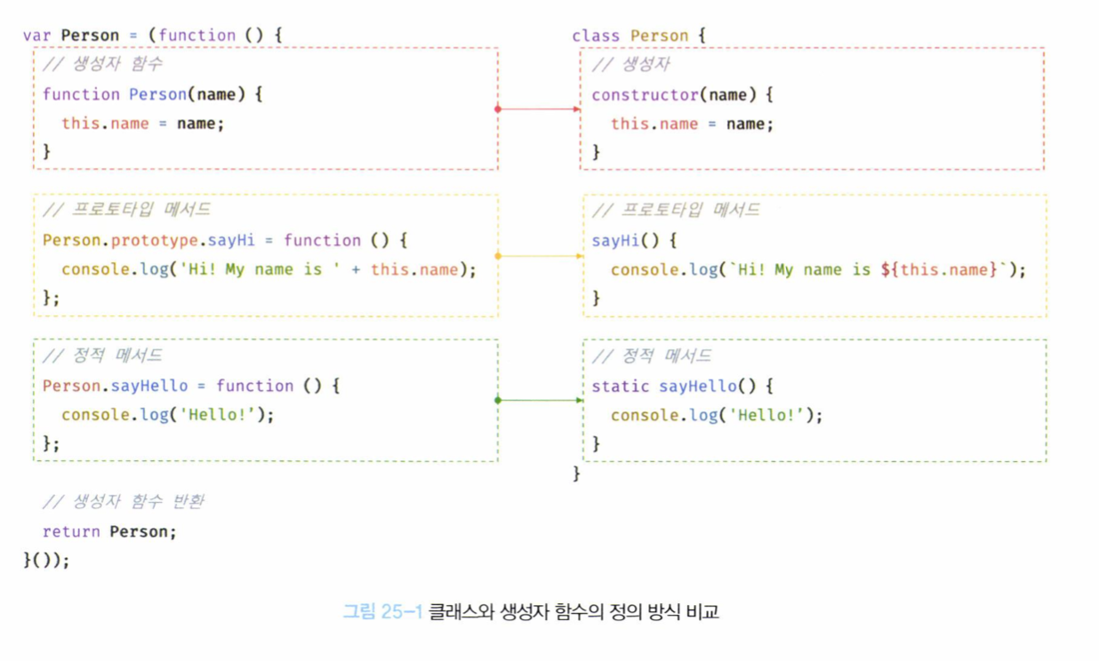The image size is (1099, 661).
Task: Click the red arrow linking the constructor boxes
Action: (x=539, y=108)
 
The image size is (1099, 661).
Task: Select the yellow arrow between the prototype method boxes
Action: (x=540, y=256)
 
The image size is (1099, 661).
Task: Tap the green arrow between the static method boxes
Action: (x=540, y=400)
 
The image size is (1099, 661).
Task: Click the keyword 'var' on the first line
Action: (x=37, y=36)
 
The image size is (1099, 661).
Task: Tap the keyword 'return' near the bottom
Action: (x=71, y=531)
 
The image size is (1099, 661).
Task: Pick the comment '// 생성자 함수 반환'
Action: (x=123, y=502)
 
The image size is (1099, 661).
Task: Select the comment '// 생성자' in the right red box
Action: (x=631, y=64)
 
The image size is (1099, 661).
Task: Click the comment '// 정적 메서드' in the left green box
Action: (x=102, y=355)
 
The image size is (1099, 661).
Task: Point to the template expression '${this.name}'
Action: (x=940, y=269)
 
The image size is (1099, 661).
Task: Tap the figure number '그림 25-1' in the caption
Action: (x=382, y=611)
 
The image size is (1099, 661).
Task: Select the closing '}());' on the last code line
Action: (x=46, y=560)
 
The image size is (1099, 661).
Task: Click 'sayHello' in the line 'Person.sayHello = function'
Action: (x=149, y=386)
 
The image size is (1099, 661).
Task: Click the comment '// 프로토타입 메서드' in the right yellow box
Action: (x=676, y=210)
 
